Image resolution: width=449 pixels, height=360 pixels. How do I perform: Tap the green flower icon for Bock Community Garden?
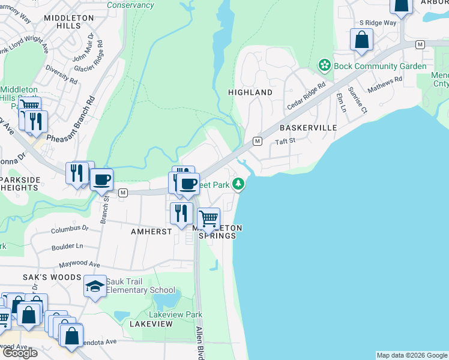point(325,64)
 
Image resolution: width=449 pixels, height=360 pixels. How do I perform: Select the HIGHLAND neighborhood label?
point(250,92)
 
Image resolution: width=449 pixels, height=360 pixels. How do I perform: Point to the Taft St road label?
point(285,141)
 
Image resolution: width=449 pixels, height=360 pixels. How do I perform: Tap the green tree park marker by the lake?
point(239,184)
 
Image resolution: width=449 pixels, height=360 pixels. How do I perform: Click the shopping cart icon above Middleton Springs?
point(208,218)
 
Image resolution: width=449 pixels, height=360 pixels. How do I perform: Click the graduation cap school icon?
point(95,287)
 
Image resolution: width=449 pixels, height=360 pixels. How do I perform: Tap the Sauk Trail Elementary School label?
point(141,286)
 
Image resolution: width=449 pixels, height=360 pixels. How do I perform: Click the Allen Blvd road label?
point(200,343)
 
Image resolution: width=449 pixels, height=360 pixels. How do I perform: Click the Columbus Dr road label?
point(69,229)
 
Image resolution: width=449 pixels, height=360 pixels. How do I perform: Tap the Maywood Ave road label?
point(79,265)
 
